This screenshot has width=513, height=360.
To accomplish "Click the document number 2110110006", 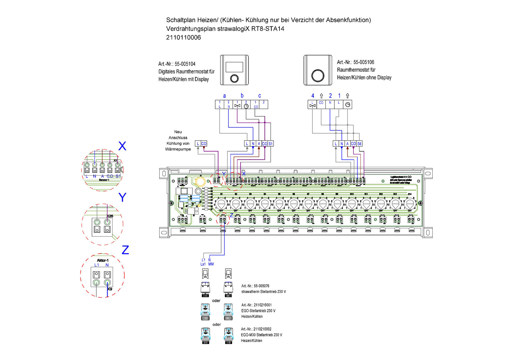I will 184,38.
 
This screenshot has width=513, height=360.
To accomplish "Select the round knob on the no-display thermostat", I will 317,75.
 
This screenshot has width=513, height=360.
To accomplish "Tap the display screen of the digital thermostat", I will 234,67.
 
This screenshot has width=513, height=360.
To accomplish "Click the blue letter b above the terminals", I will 242,96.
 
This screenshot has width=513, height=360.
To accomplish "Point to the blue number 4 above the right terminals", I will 312,96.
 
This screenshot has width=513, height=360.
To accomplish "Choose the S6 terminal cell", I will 359,144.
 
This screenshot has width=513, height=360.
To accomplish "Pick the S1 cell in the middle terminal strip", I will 270,144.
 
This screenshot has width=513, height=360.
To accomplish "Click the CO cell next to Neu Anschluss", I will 204,144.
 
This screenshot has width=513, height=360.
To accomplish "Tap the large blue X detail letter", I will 122,146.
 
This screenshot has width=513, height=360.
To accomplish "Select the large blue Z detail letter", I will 125,250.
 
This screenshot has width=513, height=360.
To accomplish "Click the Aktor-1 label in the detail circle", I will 103,260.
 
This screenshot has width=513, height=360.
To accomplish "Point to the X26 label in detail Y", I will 110,216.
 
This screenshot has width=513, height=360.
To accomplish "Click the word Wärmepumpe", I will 178,149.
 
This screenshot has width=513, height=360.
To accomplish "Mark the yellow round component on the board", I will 200,181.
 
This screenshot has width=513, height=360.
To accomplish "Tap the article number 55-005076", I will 261,286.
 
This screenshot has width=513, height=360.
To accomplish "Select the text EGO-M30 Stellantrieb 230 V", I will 261,335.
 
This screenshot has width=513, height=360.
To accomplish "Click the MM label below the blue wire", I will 211,264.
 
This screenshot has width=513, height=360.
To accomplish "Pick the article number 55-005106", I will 364,62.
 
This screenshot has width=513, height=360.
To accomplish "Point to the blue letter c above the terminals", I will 259,96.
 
